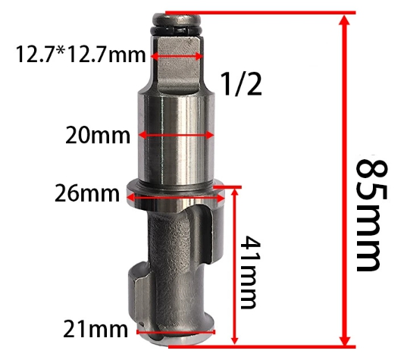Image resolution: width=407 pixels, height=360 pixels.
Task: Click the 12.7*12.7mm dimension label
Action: pos(81,55)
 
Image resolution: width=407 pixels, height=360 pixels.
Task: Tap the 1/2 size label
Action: pos(241,84)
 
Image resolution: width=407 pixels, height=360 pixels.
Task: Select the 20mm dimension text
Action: pos(98,135)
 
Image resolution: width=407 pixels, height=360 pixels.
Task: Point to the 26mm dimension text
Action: pos(87,193)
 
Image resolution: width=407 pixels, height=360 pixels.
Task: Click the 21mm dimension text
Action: pos(95,329)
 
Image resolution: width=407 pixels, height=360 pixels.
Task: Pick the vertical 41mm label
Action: pos(249,272)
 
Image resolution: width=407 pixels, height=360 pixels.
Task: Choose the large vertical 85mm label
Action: pos(369,216)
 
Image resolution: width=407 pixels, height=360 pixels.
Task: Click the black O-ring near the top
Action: pos(177,30)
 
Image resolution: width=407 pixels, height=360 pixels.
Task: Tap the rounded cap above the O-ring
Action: pos(177,20)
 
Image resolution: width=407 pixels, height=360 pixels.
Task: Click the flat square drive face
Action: pos(178,62)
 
